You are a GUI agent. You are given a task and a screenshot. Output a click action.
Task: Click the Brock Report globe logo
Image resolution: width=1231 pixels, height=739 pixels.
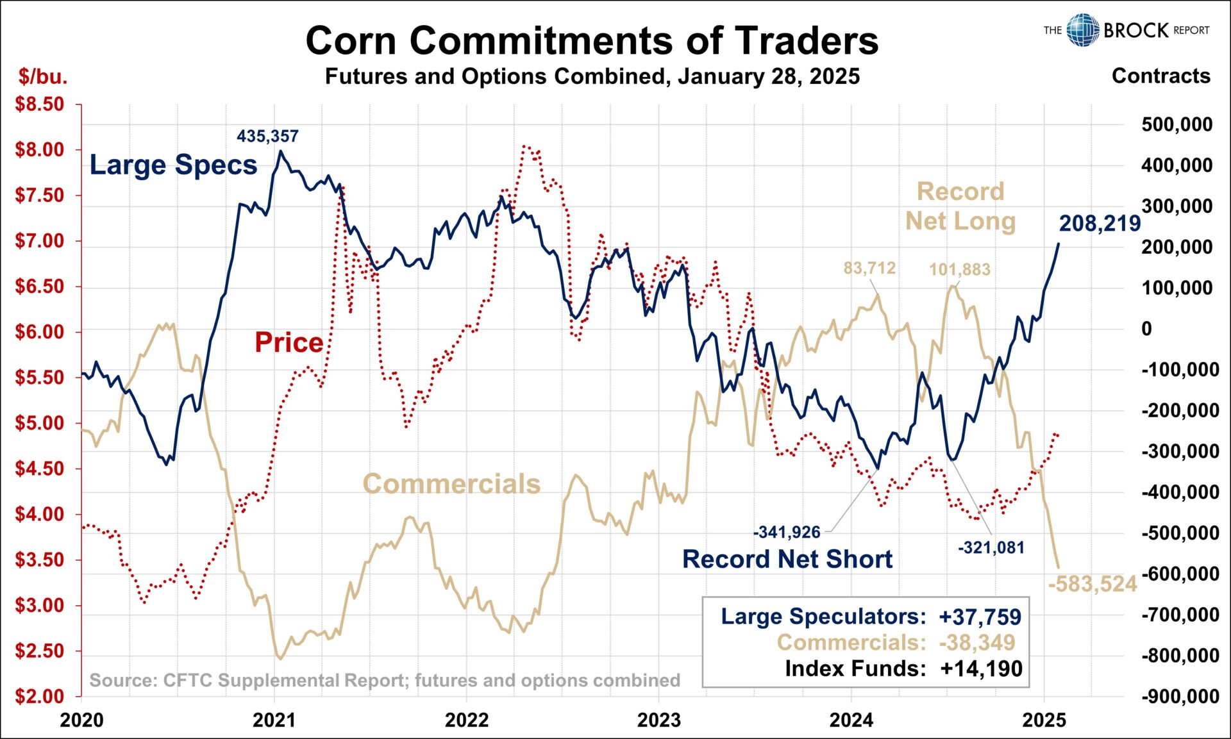[1082, 30]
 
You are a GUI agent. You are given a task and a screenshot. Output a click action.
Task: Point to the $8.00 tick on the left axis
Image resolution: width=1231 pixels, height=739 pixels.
[40, 150]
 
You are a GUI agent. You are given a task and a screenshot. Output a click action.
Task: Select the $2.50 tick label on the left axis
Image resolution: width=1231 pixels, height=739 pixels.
[40, 651]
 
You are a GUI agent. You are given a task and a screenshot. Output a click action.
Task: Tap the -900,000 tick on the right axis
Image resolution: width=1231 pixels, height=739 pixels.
[1180, 696]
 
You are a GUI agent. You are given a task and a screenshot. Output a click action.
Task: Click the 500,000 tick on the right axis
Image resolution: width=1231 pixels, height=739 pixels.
[1177, 124]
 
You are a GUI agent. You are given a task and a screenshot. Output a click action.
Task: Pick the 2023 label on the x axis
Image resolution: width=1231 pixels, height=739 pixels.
[658, 720]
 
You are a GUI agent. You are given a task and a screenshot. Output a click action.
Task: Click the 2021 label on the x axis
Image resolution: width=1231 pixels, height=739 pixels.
[274, 720]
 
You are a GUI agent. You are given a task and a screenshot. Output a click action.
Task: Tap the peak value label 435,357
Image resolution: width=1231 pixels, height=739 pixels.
[267, 137]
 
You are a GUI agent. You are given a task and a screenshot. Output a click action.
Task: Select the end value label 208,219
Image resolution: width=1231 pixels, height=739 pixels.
[1100, 223]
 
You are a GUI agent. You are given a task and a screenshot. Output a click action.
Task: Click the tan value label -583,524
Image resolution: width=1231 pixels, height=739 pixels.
[1092, 584]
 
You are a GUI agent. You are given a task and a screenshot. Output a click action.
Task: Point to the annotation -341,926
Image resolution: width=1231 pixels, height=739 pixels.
[786, 532]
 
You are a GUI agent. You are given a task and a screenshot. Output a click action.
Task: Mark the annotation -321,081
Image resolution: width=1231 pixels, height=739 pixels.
[991, 548]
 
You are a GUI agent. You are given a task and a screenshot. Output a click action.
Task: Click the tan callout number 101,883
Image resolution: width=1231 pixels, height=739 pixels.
[959, 270]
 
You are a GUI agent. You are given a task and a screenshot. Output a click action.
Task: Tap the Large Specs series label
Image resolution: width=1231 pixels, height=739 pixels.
[173, 165]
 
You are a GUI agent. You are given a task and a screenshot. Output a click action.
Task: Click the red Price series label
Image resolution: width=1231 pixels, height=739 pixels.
[289, 342]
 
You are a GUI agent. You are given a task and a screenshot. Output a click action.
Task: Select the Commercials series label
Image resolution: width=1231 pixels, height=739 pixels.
[451, 484]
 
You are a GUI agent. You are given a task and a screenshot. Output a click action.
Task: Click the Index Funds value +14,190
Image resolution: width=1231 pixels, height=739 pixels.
[981, 668]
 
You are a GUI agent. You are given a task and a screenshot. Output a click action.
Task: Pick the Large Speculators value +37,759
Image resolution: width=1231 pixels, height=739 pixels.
[980, 617]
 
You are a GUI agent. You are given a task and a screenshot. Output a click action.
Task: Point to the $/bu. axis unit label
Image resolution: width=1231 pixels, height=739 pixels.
[42, 76]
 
